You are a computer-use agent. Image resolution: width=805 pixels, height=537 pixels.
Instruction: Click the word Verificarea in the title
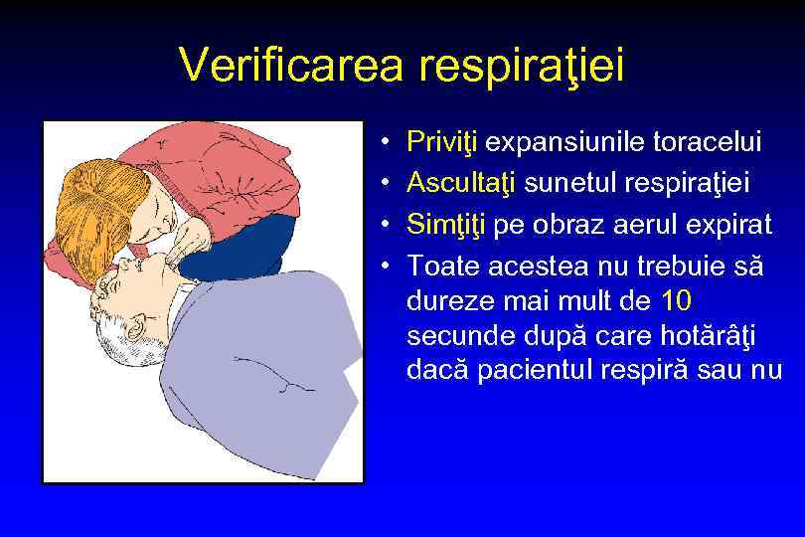point(294,67)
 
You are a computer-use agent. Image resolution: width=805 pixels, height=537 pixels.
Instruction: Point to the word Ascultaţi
point(462,184)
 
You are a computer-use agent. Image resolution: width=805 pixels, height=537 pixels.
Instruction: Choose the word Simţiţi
point(446,226)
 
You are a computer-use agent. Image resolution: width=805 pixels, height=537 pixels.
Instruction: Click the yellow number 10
point(681,300)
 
